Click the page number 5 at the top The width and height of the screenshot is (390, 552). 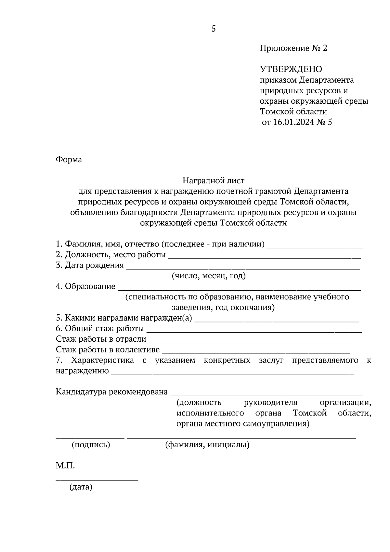(214, 29)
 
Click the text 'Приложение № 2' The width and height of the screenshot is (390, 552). (293, 48)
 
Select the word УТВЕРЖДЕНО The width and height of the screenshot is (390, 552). (291, 69)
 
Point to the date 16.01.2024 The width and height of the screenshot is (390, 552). (293, 122)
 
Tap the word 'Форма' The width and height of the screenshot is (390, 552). (69, 160)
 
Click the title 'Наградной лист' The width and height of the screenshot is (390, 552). (213, 180)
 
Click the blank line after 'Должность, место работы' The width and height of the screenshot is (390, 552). (264, 257)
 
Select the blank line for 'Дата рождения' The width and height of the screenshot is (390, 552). (243, 268)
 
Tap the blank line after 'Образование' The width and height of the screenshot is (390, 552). (239, 289)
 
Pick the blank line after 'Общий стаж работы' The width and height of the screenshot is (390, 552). (254, 332)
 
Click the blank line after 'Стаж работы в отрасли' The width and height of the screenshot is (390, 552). (249, 342)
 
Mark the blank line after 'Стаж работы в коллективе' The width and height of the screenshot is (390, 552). (255, 353)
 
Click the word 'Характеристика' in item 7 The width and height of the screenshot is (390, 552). (102, 360)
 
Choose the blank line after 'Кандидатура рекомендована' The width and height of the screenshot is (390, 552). (266, 395)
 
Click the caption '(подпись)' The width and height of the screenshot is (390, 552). (91, 445)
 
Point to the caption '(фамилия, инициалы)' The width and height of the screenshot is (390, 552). (207, 445)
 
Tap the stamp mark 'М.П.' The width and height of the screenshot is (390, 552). (65, 466)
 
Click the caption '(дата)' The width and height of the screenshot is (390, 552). (81, 487)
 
